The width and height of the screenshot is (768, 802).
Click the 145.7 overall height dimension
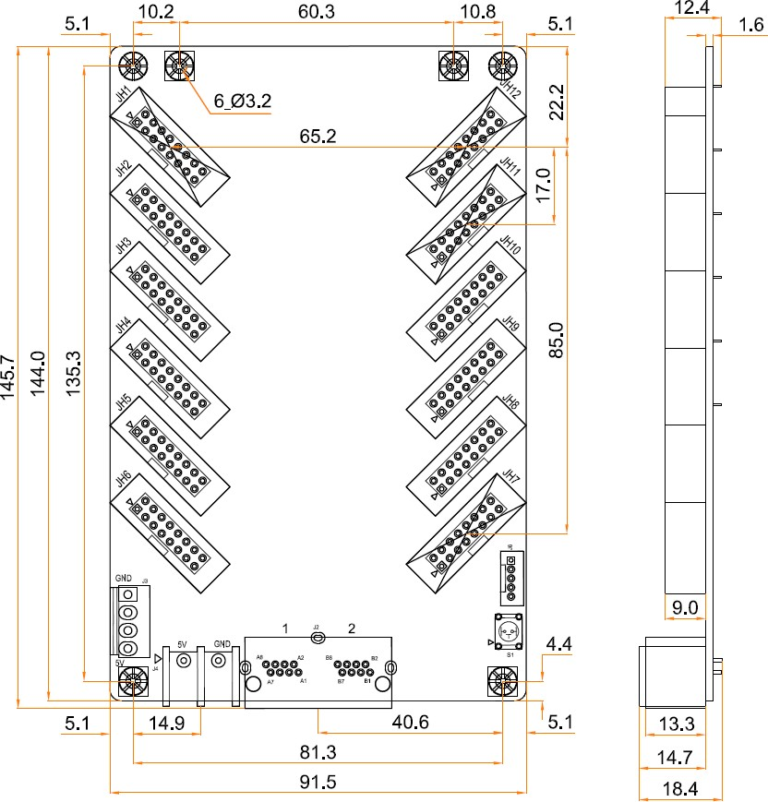click(x=8, y=377)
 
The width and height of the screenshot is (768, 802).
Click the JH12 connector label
click(x=510, y=90)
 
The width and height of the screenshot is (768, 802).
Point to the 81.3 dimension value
click(x=317, y=753)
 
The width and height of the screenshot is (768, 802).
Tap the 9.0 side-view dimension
click(x=684, y=606)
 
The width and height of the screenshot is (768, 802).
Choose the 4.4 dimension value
click(x=559, y=645)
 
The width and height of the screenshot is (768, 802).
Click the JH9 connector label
click(x=510, y=324)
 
